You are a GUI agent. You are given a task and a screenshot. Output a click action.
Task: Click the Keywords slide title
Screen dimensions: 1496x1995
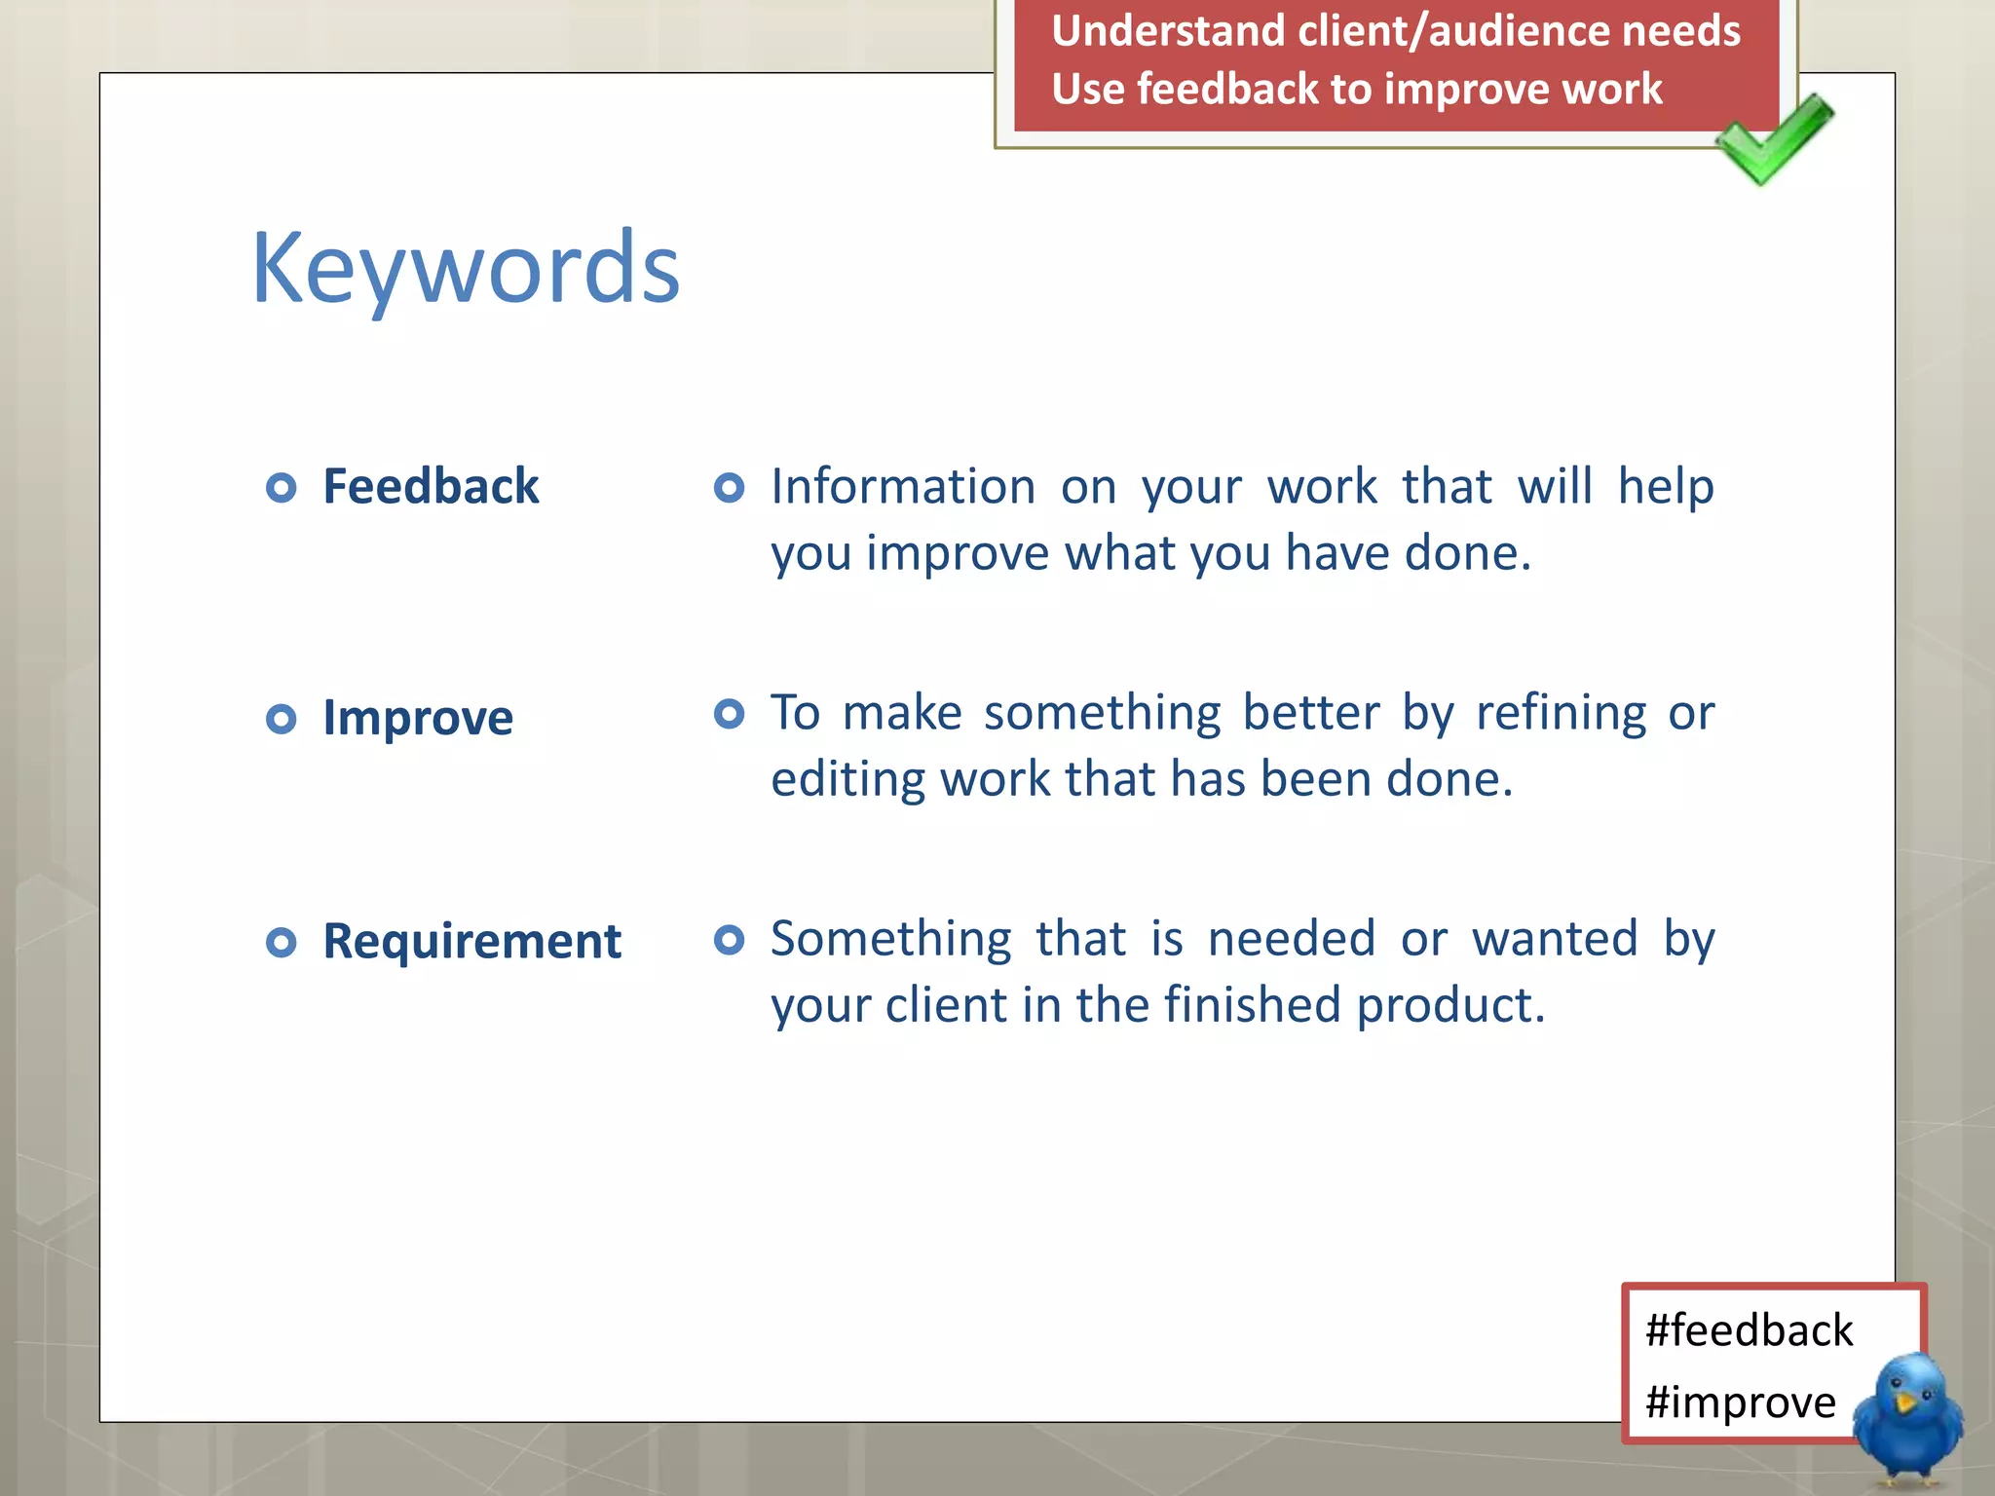[x=466, y=268]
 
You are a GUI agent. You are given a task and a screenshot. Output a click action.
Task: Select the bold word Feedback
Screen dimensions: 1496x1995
[x=431, y=486]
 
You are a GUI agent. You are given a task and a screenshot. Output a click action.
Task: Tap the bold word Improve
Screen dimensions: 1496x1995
[x=418, y=718]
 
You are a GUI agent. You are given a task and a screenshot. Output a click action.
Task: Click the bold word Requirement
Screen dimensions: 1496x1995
[x=471, y=941]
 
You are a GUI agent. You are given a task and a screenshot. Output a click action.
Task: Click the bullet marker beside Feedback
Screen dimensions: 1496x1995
[x=281, y=487]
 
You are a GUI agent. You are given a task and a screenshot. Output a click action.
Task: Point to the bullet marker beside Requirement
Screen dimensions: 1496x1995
[x=281, y=942]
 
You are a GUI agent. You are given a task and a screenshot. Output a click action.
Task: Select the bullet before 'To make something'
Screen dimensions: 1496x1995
[x=729, y=713]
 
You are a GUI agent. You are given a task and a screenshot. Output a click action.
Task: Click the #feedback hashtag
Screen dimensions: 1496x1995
[x=1749, y=1330]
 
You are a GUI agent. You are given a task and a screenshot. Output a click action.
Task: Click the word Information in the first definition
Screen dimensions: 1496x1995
[x=903, y=486]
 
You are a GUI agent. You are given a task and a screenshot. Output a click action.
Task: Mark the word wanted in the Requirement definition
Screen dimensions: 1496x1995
[x=1555, y=939]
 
